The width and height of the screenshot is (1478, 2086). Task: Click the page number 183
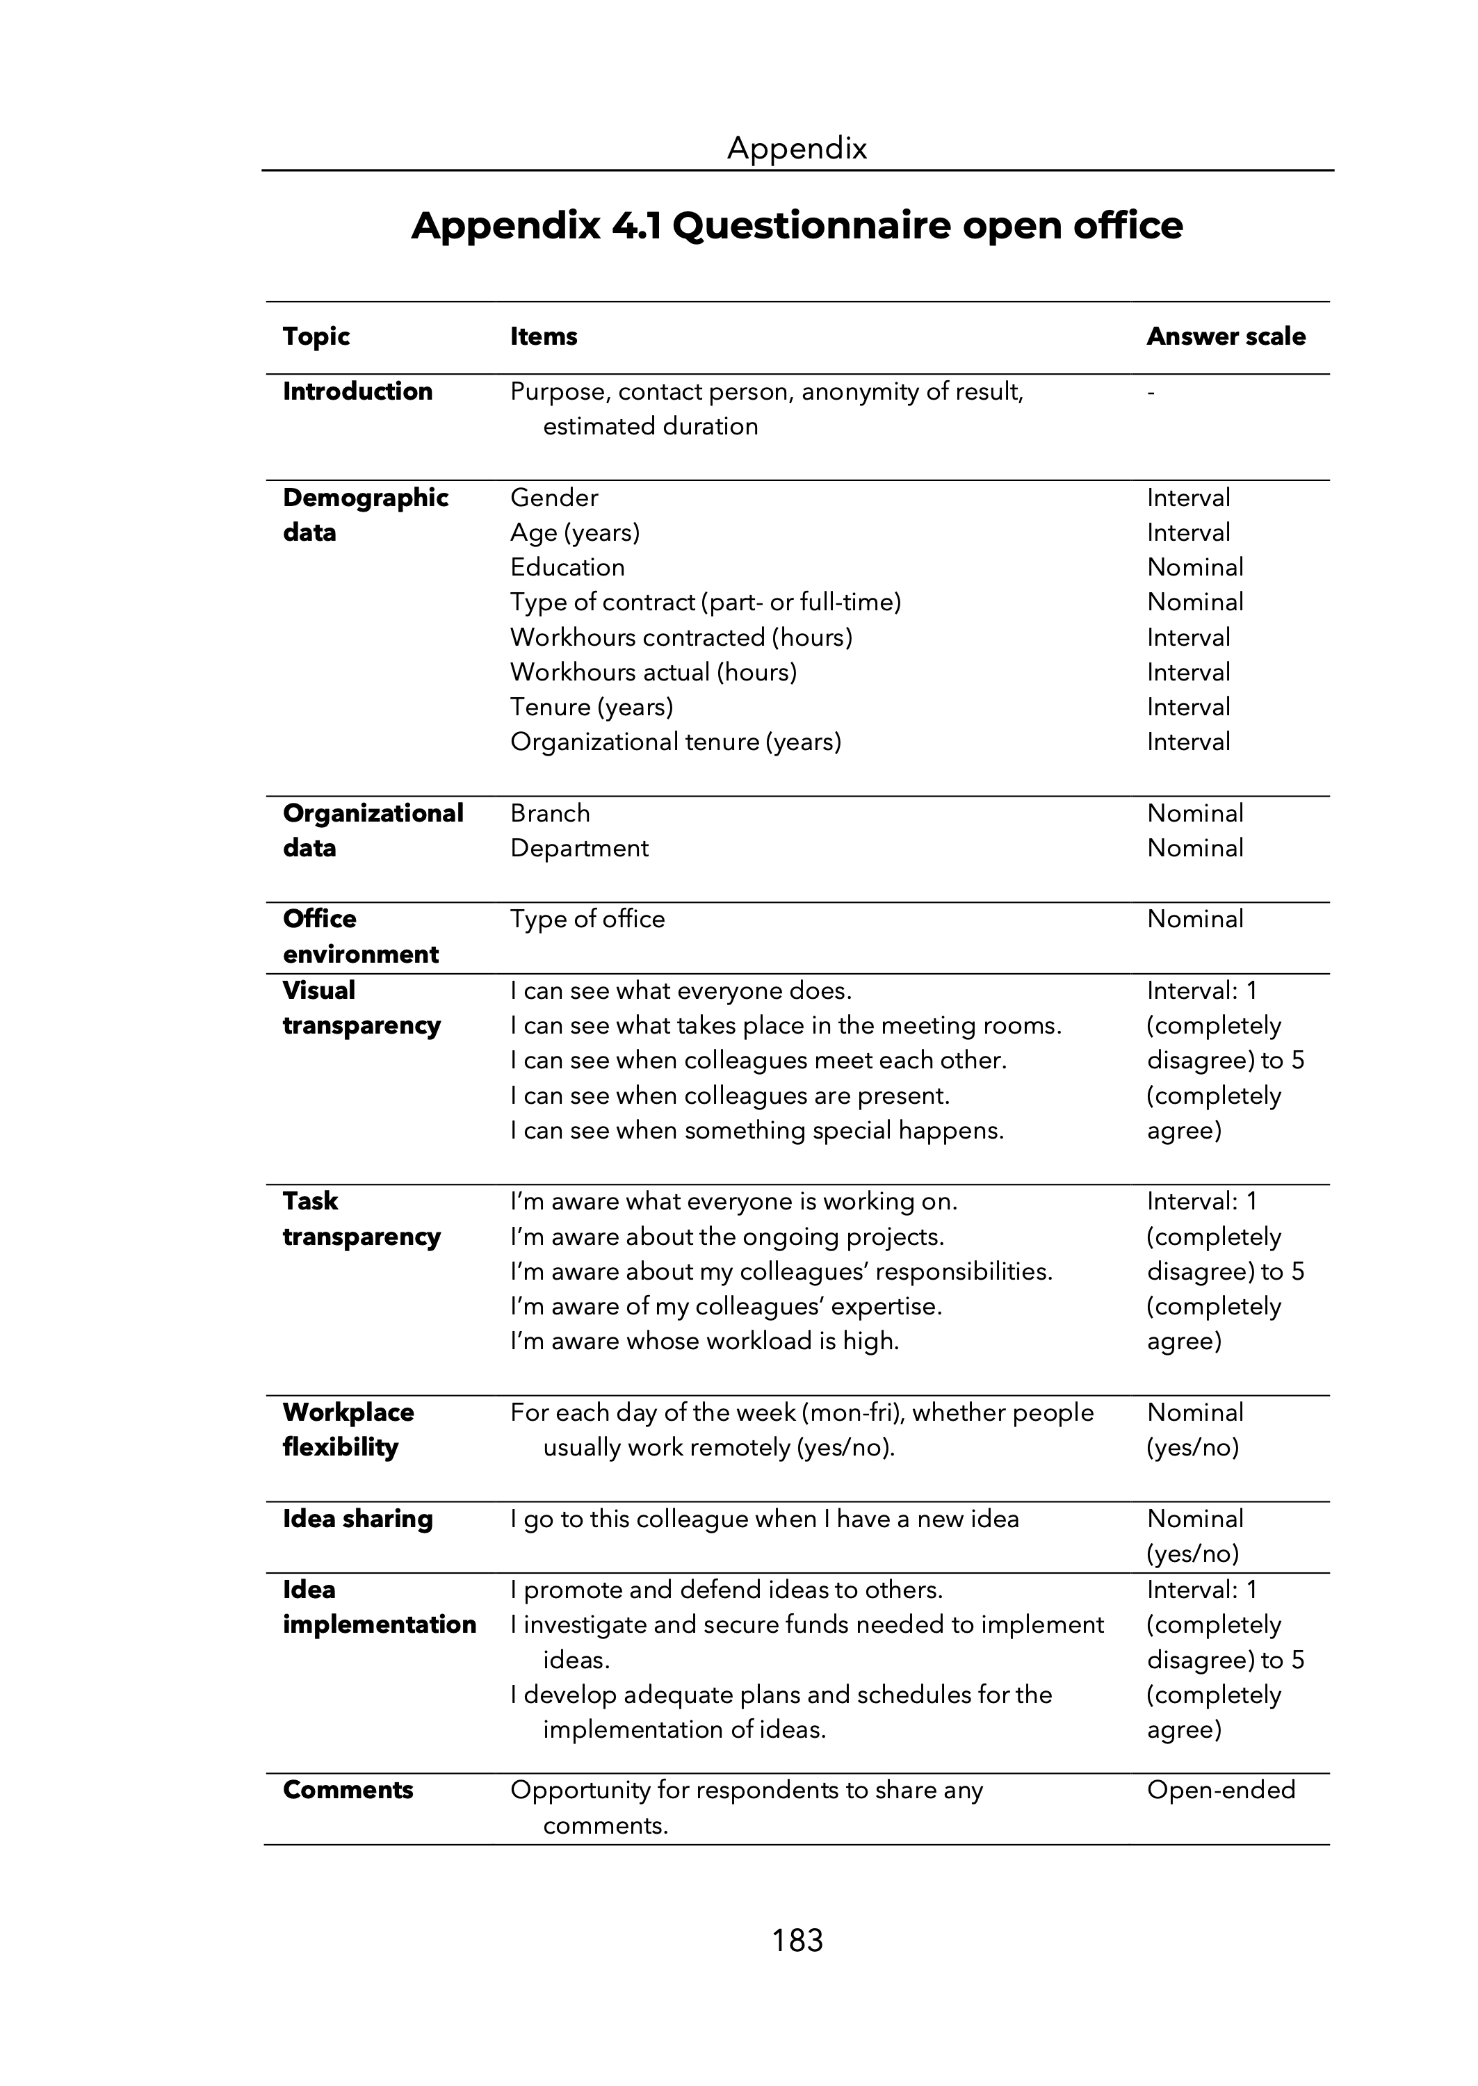pyautogui.click(x=797, y=1941)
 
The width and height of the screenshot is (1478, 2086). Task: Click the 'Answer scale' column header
pyautogui.click(x=1225, y=336)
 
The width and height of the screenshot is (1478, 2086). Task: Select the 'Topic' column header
pyautogui.click(x=316, y=336)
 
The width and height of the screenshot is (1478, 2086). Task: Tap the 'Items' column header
pyautogui.click(x=544, y=336)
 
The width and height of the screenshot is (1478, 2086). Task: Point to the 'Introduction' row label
pyautogui.click(x=357, y=391)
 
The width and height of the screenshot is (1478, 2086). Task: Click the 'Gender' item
pyautogui.click(x=554, y=498)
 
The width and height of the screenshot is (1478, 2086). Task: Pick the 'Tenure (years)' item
pyautogui.click(x=592, y=707)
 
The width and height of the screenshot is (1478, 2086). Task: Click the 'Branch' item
pyautogui.click(x=550, y=813)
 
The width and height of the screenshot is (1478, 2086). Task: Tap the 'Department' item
pyautogui.click(x=579, y=848)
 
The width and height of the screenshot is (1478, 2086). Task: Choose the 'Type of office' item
pyautogui.click(x=587, y=919)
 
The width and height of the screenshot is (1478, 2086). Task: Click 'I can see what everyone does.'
pyautogui.click(x=681, y=990)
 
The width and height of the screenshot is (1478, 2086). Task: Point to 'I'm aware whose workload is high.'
pyautogui.click(x=704, y=1341)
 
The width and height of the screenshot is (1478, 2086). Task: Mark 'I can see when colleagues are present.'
pyautogui.click(x=730, y=1095)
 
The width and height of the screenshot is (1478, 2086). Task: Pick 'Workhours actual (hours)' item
pyautogui.click(x=653, y=672)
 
